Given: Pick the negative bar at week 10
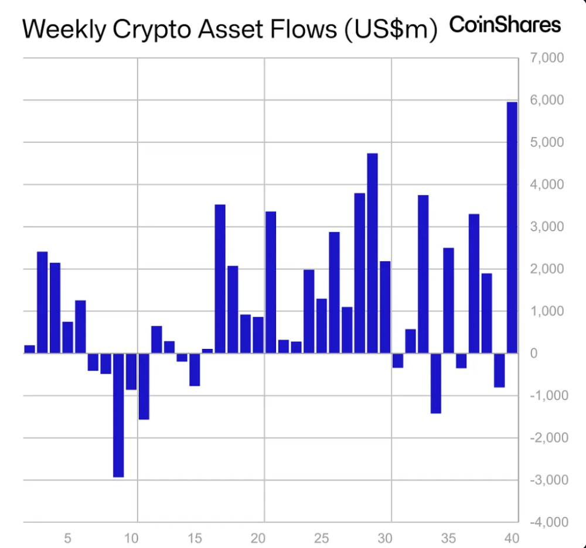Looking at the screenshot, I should (131, 371).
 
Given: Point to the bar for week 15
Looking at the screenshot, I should (195, 369).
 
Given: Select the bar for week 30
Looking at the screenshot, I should (385, 307).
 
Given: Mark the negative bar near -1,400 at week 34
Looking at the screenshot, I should (435, 383).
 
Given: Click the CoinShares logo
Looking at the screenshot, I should (505, 25).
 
